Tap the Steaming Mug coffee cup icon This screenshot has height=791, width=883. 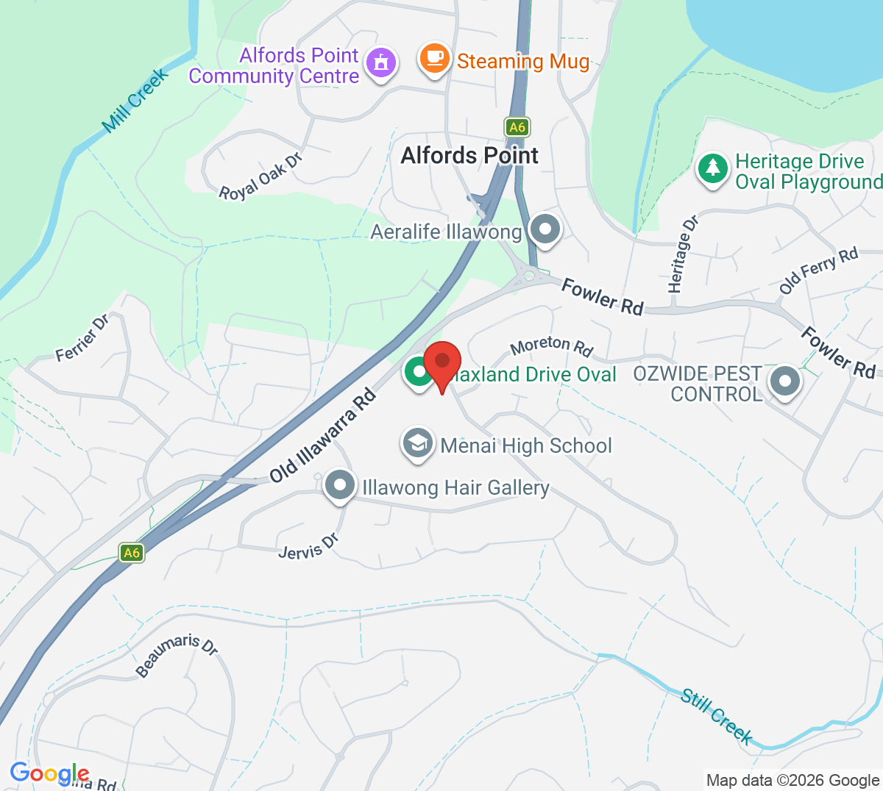coord(434,58)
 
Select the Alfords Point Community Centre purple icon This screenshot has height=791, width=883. coord(380,63)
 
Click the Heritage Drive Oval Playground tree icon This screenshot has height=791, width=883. coord(712,169)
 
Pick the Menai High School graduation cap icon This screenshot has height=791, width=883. coord(418,443)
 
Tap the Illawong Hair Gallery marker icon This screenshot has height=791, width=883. coord(340,485)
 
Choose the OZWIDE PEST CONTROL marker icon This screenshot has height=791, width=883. coord(784,382)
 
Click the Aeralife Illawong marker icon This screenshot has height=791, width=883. coord(545,229)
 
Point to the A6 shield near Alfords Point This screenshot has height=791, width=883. coord(517,127)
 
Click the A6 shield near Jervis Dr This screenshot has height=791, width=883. coord(132,553)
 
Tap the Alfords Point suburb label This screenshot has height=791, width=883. coord(469,156)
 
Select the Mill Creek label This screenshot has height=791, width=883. coord(135,101)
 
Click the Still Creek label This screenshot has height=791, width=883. coord(717,716)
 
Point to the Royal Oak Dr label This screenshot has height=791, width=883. coord(260,177)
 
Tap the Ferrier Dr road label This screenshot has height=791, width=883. coord(82,338)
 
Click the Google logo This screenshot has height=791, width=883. coord(49,773)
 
